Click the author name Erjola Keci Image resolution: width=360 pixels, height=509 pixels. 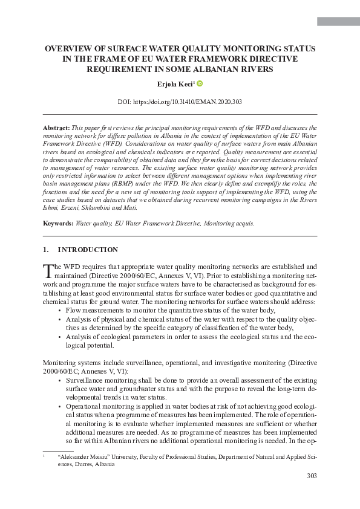[176, 85]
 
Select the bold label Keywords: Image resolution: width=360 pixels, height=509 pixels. [58, 223]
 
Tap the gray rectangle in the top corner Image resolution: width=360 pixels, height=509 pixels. [338, 22]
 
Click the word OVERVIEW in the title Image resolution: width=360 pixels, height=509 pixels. [71, 48]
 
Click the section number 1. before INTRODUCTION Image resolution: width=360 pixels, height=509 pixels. [46, 250]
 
